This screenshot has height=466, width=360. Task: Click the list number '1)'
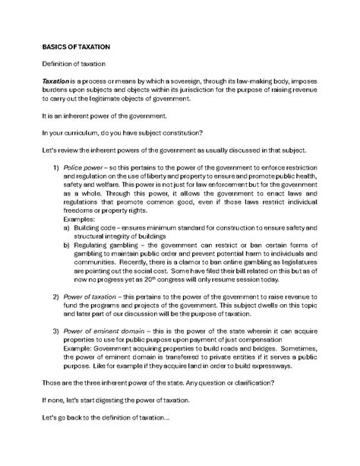pos(55,167)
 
